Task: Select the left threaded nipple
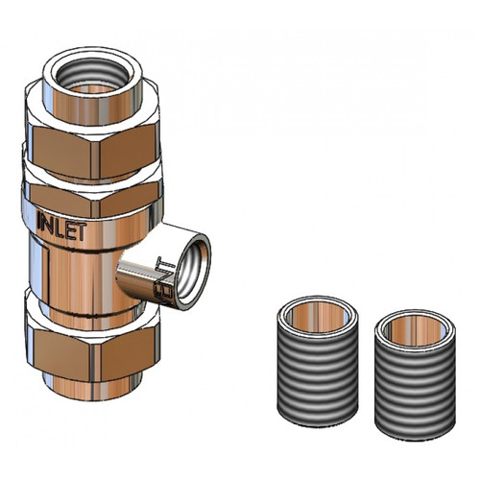[320, 370]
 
